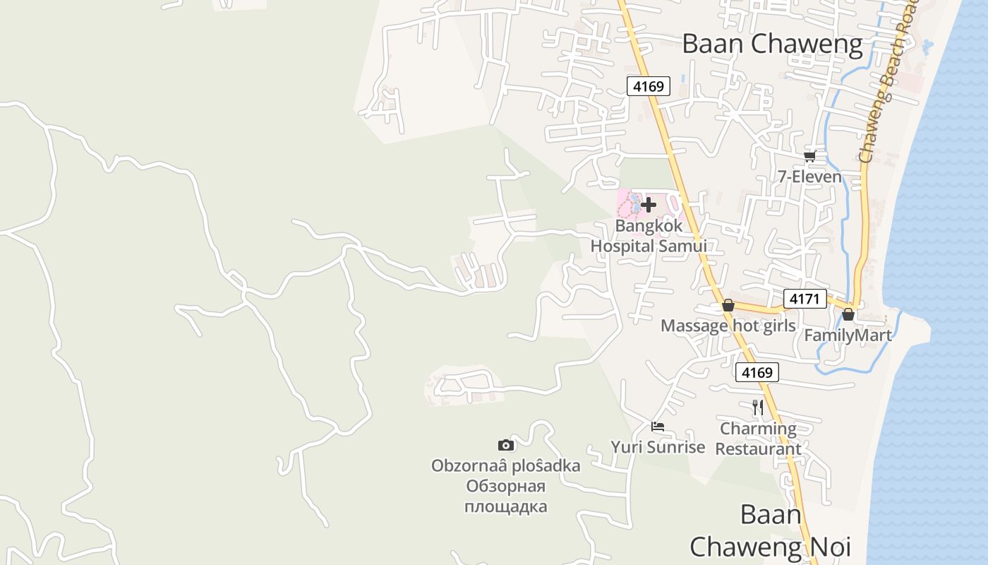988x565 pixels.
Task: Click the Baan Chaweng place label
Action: (x=772, y=44)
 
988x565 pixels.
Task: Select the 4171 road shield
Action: (x=805, y=299)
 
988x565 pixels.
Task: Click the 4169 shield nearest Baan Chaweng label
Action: (x=649, y=86)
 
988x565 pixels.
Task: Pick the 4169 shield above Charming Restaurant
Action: (x=757, y=372)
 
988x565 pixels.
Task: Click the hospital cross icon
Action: (x=648, y=205)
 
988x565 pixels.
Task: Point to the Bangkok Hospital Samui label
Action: (x=649, y=236)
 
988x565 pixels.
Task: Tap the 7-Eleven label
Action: (x=809, y=177)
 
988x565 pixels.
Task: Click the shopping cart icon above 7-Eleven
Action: (x=809, y=156)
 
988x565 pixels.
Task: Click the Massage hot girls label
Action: (x=728, y=326)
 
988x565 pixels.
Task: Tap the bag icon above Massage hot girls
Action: (x=728, y=306)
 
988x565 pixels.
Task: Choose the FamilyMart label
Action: (x=848, y=335)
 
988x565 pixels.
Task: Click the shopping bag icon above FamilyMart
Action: (x=848, y=314)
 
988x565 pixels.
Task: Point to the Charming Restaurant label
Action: (x=758, y=439)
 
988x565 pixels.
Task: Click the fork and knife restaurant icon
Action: (x=758, y=408)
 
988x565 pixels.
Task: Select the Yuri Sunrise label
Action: (x=658, y=447)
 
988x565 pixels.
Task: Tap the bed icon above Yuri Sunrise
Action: (x=658, y=427)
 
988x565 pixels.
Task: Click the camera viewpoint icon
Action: (x=506, y=445)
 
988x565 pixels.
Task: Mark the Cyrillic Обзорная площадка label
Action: (x=506, y=496)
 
